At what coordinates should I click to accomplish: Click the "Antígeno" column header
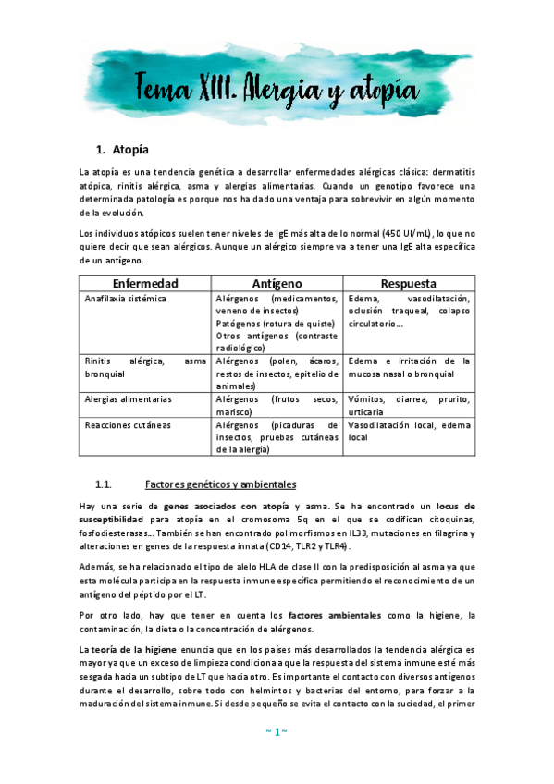tap(277, 283)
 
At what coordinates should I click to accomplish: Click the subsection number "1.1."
tap(104, 484)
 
